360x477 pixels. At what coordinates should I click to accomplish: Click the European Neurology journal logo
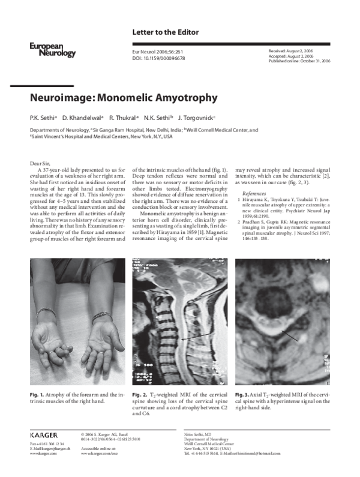52,50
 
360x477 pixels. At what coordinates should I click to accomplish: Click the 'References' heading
254,193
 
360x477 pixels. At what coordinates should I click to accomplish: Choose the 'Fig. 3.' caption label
242,394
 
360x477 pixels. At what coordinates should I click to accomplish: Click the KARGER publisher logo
44,434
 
